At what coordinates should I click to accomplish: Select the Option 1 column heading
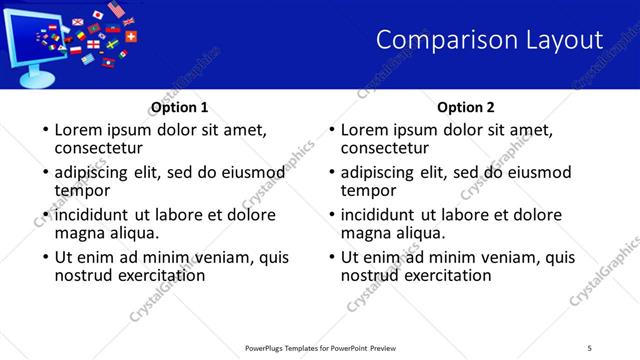[x=179, y=108]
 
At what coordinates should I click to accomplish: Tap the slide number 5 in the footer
[x=590, y=347]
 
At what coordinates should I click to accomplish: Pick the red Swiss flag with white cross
[x=131, y=35]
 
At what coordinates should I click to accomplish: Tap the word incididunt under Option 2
[x=385, y=215]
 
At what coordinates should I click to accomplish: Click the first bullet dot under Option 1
[x=44, y=131]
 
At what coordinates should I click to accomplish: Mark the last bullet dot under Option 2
[x=330, y=257]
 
